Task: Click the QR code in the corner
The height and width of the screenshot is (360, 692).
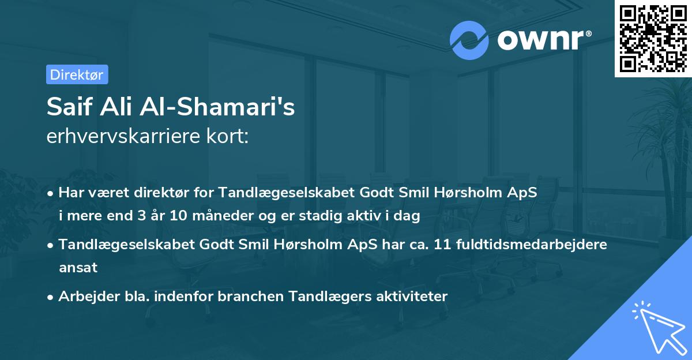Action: [653, 38]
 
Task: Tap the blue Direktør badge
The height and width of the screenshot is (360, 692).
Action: [77, 74]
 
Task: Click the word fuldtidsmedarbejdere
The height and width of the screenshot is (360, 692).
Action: [531, 244]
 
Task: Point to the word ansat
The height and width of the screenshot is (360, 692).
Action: [78, 267]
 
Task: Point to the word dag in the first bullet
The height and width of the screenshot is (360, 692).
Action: [409, 216]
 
